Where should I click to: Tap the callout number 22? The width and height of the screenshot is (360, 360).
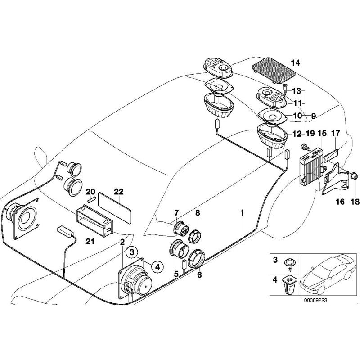pos(118,191)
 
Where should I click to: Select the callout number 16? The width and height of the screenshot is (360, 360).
pos(340,202)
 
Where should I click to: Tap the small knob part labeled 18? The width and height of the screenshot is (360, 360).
pos(354,175)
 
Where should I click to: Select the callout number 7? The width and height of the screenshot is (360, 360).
pos(176,212)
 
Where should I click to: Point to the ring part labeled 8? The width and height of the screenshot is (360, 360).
pos(196,235)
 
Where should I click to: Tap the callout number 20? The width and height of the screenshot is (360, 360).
pos(90,191)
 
